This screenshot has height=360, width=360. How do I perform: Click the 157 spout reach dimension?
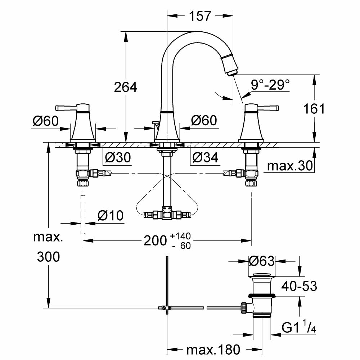click(x=200, y=16)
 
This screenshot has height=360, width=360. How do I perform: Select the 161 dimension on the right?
click(x=314, y=108)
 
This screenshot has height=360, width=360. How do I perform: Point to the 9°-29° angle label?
click(x=270, y=85)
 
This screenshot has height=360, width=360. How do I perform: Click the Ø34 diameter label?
click(x=205, y=157)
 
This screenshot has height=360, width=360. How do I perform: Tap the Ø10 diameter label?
click(x=111, y=216)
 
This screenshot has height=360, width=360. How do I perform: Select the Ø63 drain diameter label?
click(x=262, y=261)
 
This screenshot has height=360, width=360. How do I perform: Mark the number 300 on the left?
click(x=48, y=257)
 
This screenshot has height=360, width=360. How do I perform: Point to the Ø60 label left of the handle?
click(x=46, y=121)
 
